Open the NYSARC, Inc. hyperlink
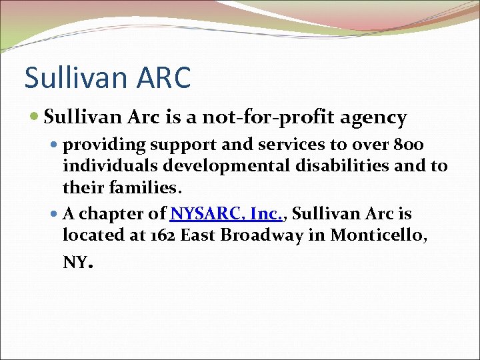point(228,215)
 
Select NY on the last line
point(75,262)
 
